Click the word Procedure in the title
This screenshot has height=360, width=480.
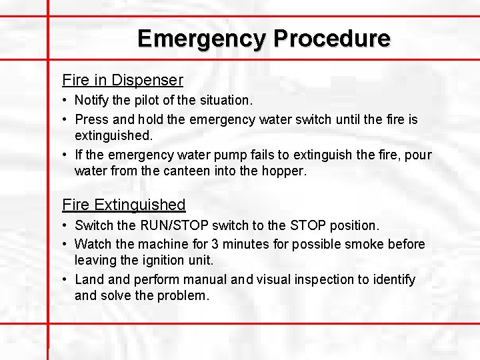click(x=331, y=38)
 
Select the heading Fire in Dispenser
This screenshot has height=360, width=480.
click(x=122, y=80)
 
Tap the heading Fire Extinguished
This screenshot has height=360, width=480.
click(x=123, y=205)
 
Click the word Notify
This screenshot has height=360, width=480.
click(x=92, y=101)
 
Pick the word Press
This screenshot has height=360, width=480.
click(x=91, y=119)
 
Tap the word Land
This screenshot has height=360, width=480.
click(x=89, y=279)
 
